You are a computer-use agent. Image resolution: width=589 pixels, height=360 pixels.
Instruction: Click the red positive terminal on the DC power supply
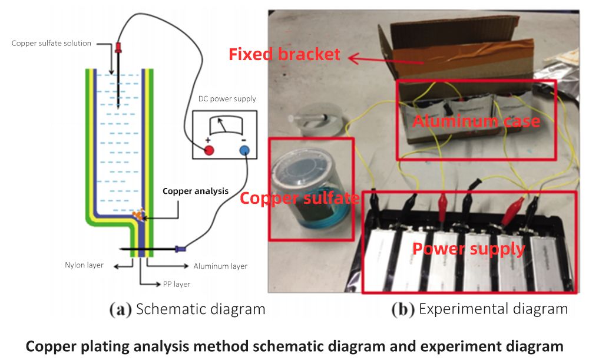(x=209, y=150)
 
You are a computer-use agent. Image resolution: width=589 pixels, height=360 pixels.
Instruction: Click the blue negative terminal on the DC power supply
(x=244, y=150)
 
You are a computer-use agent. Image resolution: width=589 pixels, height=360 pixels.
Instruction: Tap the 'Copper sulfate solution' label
(x=52, y=44)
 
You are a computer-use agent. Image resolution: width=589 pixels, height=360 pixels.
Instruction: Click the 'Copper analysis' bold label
(x=195, y=191)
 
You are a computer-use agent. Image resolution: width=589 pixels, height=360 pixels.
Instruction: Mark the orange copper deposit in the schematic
(x=138, y=216)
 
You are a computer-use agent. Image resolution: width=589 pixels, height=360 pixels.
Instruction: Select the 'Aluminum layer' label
(x=220, y=266)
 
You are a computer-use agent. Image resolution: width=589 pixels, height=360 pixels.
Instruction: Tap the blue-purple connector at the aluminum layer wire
(x=180, y=249)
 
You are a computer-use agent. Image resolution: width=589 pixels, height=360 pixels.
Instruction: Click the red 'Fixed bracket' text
(x=284, y=55)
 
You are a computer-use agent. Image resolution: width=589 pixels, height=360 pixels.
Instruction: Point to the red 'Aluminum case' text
(x=476, y=121)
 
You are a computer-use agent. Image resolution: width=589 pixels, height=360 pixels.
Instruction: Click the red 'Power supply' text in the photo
(x=468, y=248)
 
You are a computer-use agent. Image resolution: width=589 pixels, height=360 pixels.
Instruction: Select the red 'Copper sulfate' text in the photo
(x=300, y=198)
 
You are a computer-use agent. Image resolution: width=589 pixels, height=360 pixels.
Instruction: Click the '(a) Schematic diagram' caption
(x=187, y=309)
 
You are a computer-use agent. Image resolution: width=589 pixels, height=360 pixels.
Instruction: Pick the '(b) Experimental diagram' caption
(x=480, y=309)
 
